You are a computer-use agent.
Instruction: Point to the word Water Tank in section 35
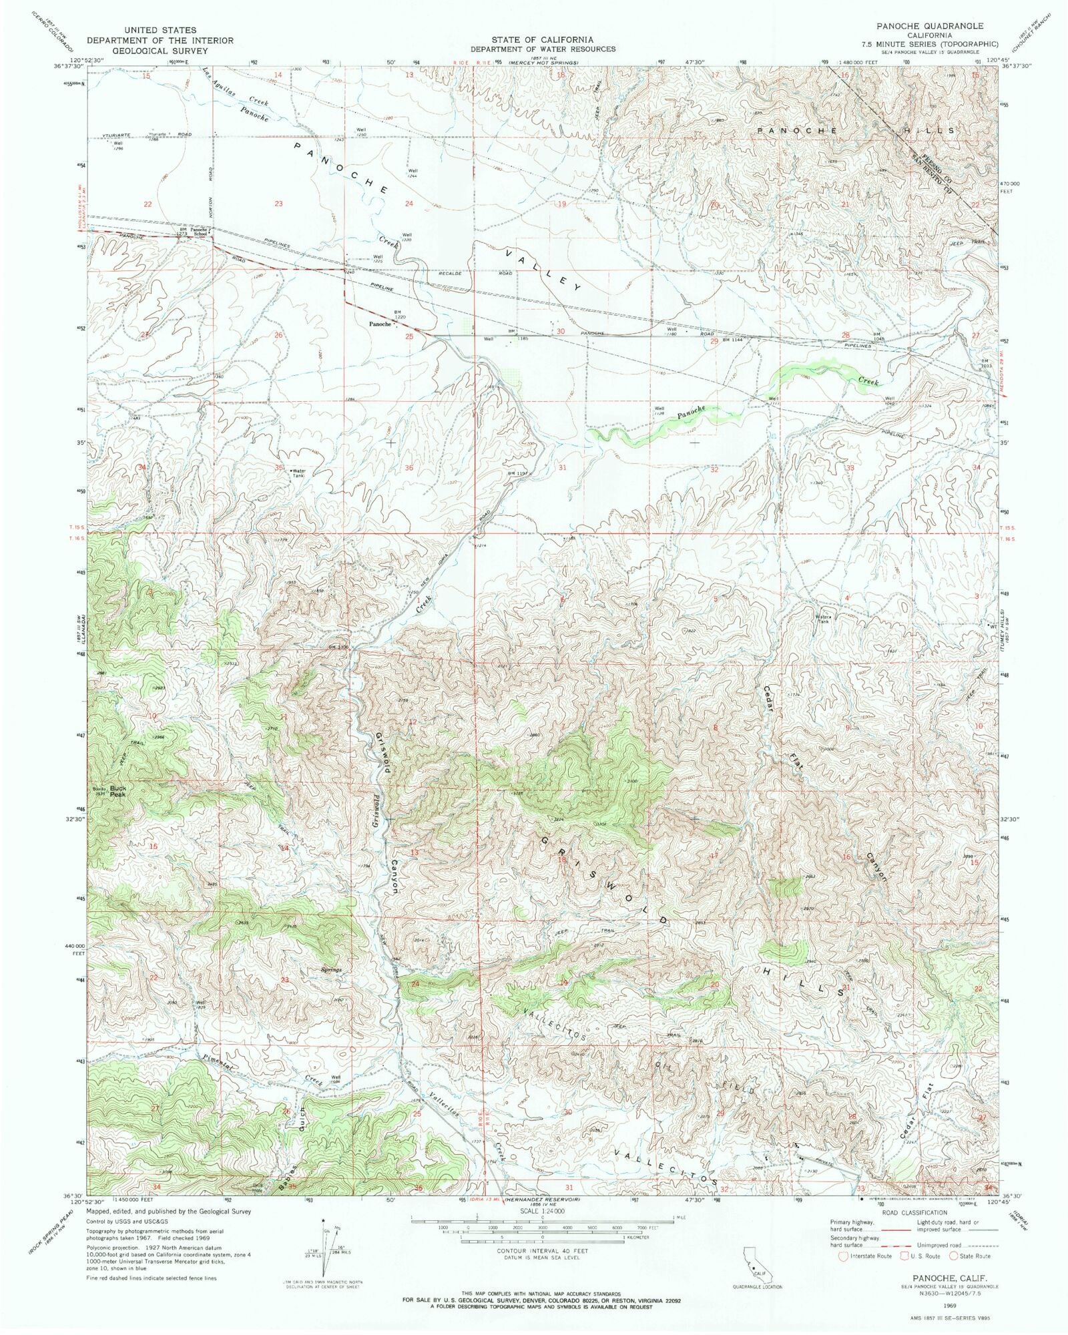pos(298,473)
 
